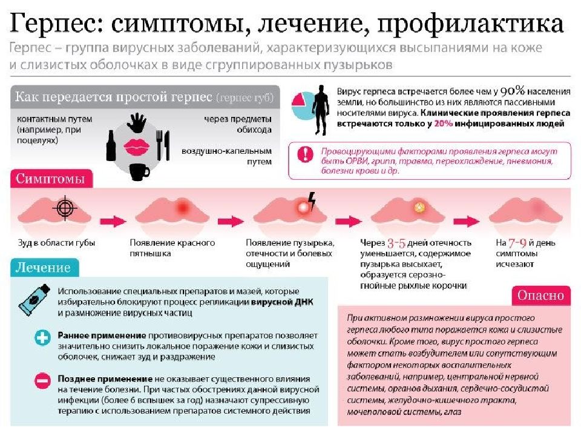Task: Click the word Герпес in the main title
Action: pyautogui.click(x=55, y=23)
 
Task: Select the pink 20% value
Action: pyautogui.click(x=443, y=124)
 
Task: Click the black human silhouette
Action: pyautogui.click(x=320, y=110)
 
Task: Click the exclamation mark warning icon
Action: pyautogui.click(x=305, y=153)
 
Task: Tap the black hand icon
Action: pyautogui.click(x=137, y=122)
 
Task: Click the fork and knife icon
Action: pyautogui.click(x=163, y=145)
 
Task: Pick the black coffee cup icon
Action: pyautogui.click(x=139, y=172)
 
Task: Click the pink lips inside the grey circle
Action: pyautogui.click(x=137, y=148)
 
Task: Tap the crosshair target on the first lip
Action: pyautogui.click(x=65, y=208)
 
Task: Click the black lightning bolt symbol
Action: pyautogui.click(x=312, y=201)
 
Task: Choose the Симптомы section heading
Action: pyautogui.click(x=50, y=179)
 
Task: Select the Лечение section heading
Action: pyautogui.click(x=43, y=267)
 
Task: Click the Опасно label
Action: pyautogui.click(x=540, y=295)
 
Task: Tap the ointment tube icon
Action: pyautogui.click(x=34, y=300)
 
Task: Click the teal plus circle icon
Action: pyautogui.click(x=42, y=338)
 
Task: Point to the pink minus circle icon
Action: pyautogui.click(x=42, y=381)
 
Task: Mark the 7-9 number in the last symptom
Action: pyautogui.click(x=517, y=243)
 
